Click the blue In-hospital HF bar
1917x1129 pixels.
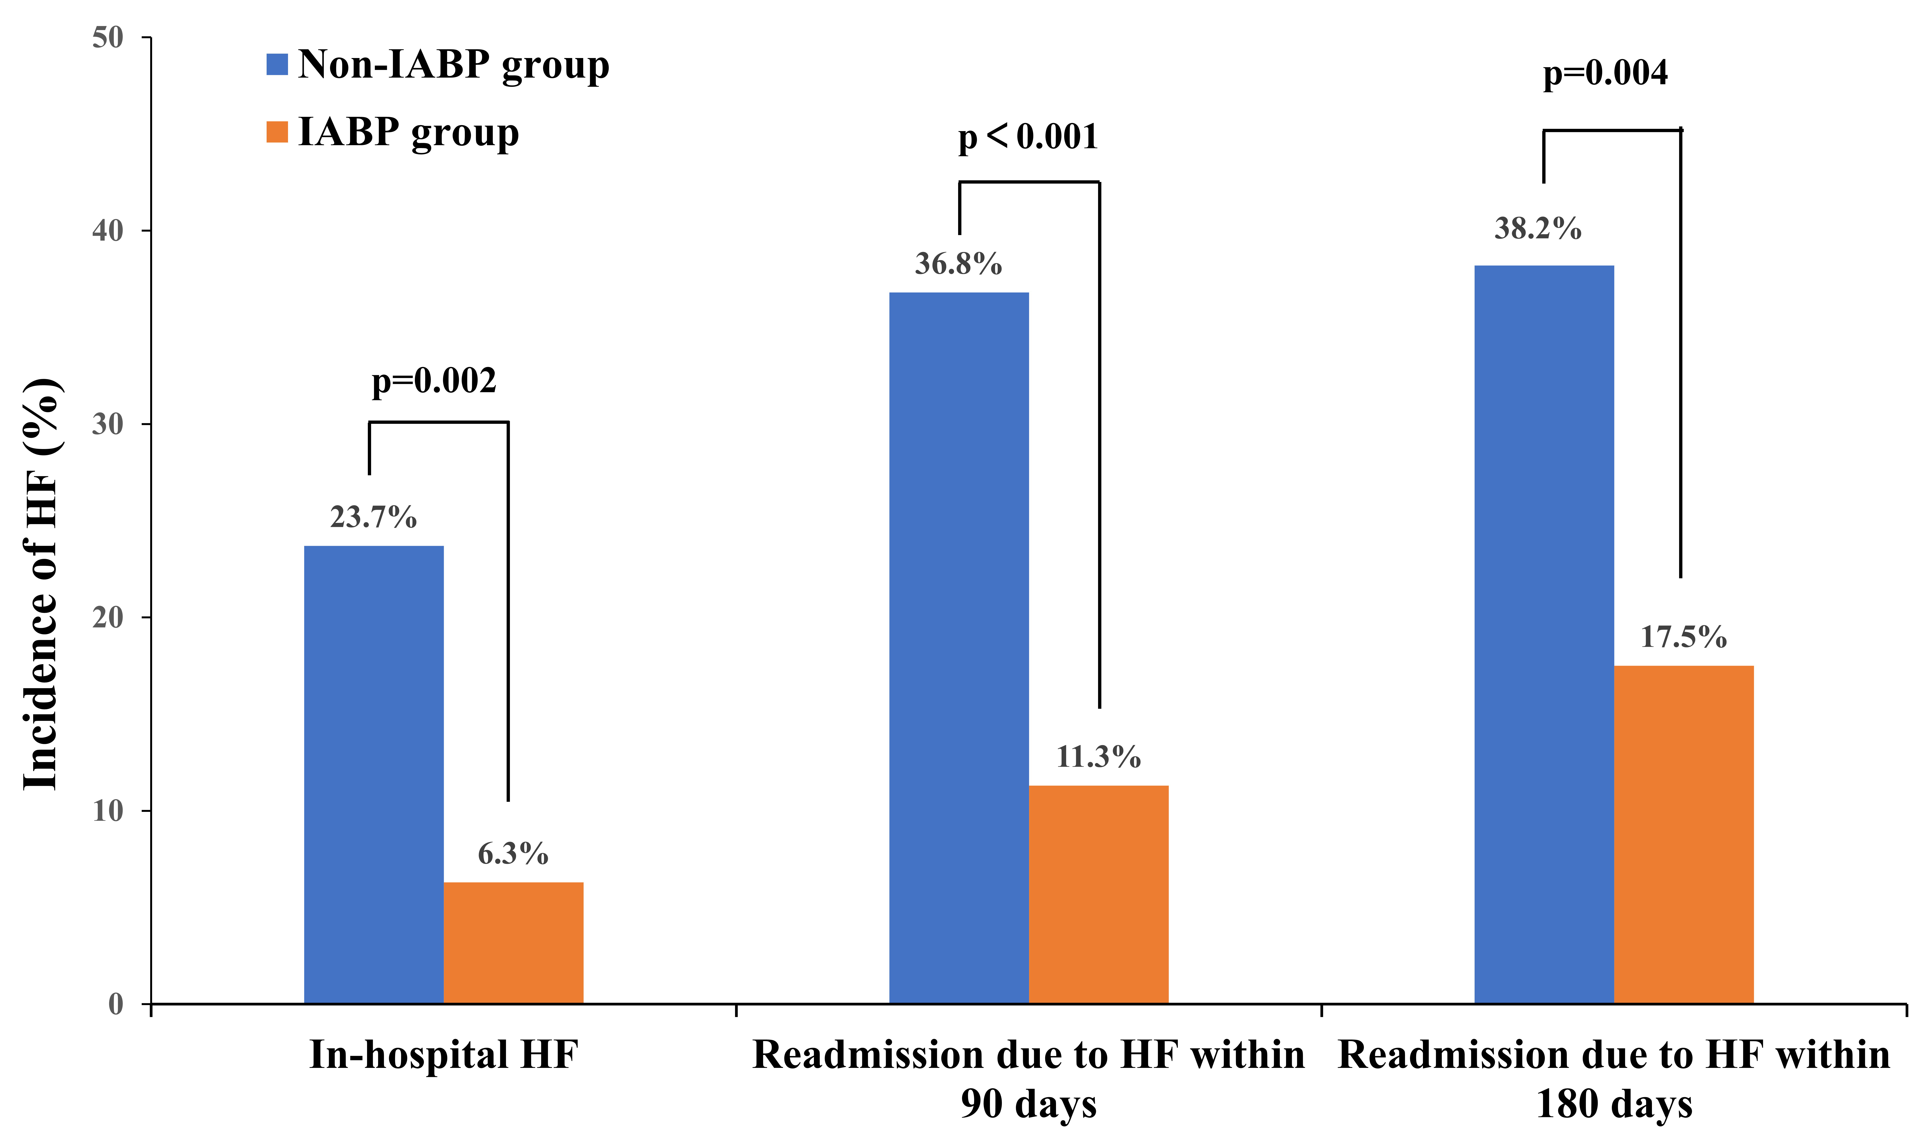click(x=374, y=774)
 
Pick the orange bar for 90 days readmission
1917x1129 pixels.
click(x=1098, y=895)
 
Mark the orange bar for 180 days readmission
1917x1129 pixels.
click(x=1684, y=835)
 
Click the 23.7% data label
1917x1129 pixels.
click(x=374, y=517)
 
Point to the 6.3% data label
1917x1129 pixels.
click(x=514, y=854)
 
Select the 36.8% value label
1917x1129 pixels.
click(x=958, y=264)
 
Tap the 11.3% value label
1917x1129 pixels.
click(x=1098, y=757)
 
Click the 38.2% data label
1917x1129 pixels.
click(x=1538, y=228)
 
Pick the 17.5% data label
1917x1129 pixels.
click(x=1684, y=637)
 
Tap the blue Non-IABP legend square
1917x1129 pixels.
click(x=277, y=64)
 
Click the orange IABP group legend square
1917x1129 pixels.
click(x=277, y=132)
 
